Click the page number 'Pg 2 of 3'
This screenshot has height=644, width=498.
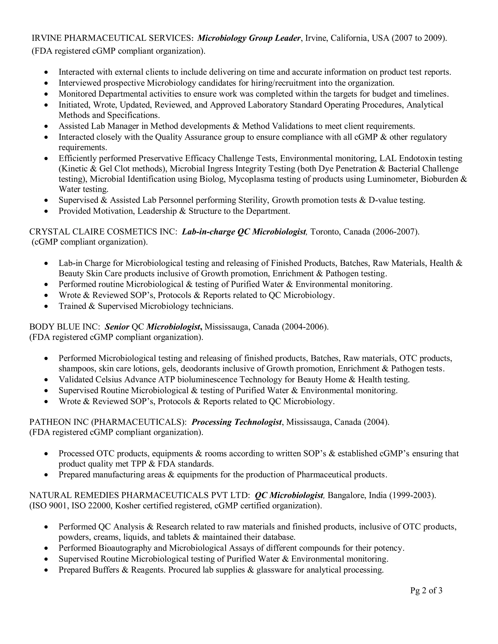pos(426,590)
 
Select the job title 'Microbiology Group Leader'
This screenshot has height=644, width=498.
pos(249,38)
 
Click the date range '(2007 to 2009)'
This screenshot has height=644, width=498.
pos(419,38)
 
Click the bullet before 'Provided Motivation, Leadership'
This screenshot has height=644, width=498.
pos(46,211)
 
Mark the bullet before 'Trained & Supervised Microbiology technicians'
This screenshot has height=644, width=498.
pos(46,306)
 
